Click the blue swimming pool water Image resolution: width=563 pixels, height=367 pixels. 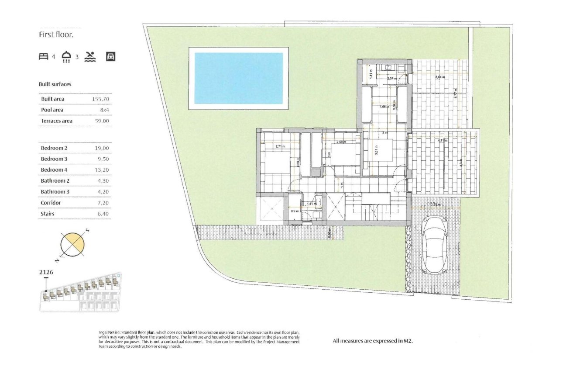[x=238, y=78]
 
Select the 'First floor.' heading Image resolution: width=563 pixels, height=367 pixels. [x=56, y=35]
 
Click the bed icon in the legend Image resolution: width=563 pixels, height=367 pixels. [x=44, y=56]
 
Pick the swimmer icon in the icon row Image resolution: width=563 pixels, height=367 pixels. [x=90, y=56]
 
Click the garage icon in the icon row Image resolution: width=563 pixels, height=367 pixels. [x=111, y=56]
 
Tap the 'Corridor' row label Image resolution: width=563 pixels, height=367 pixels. [x=51, y=203]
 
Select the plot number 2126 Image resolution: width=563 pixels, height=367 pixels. [x=46, y=272]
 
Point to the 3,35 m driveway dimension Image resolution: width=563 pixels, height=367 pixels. [x=435, y=204]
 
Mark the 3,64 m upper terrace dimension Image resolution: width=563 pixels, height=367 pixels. [x=440, y=77]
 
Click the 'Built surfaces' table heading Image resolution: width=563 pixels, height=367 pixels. [x=55, y=84]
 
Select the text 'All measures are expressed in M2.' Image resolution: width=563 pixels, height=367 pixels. [x=372, y=341]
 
